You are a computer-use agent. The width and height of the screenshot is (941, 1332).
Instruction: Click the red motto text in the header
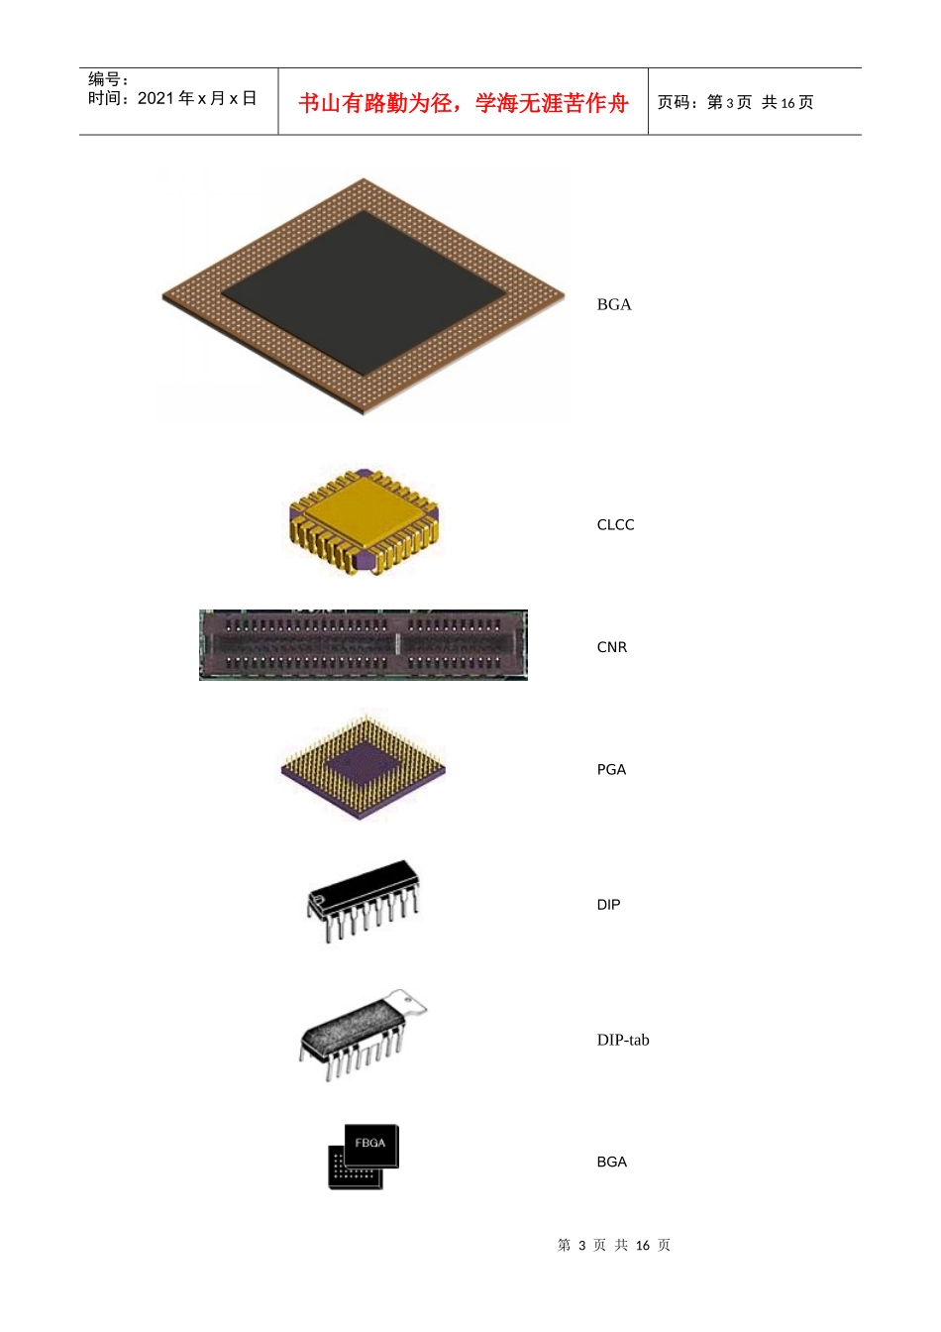click(463, 103)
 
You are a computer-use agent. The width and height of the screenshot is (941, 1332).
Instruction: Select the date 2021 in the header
click(157, 98)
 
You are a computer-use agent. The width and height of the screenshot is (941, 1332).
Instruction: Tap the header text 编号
click(104, 78)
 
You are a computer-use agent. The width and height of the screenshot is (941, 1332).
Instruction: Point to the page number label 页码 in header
click(673, 102)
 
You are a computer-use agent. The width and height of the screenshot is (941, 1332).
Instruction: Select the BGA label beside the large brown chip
click(614, 304)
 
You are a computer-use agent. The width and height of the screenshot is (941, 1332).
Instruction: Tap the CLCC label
click(615, 524)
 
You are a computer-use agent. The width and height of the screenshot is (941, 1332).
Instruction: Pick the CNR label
click(612, 647)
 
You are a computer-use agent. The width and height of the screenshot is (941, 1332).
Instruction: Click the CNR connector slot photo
click(364, 644)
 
